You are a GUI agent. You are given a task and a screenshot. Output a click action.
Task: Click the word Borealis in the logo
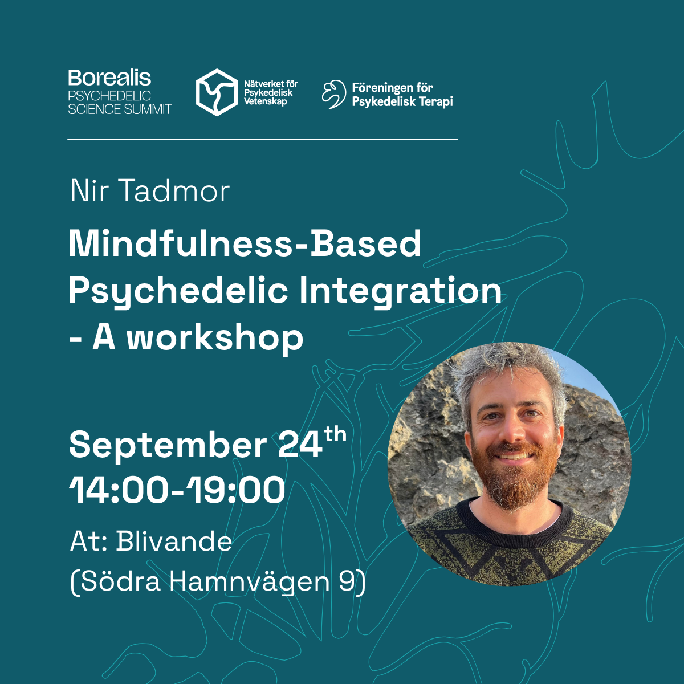click(x=109, y=78)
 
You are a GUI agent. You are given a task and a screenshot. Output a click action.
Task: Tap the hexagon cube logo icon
click(x=217, y=92)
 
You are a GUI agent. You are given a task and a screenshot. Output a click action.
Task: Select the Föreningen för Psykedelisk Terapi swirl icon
click(x=333, y=94)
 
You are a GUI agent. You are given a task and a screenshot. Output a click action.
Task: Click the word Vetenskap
click(x=265, y=102)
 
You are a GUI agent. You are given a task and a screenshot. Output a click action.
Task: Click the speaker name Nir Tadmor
click(x=150, y=192)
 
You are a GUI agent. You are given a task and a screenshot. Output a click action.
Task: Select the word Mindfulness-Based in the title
click(x=245, y=243)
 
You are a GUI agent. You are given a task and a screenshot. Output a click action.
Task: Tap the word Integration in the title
click(x=400, y=292)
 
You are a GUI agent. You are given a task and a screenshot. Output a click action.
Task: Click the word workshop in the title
click(x=215, y=338)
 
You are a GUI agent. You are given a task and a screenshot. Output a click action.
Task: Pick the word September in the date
click(x=168, y=445)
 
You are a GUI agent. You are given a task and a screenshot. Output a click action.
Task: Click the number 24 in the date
click(x=300, y=445)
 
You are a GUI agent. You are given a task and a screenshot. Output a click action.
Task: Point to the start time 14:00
click(x=118, y=490)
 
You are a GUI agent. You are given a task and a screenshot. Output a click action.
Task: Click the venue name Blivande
click(x=174, y=541)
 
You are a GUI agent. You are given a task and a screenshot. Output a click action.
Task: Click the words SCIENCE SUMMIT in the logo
click(x=120, y=109)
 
